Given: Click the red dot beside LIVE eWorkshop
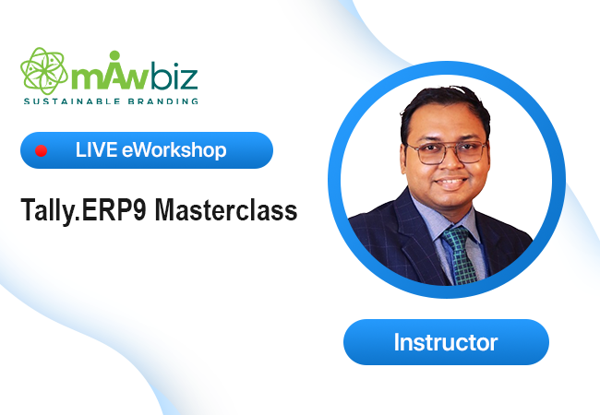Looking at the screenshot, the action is click(x=41, y=151).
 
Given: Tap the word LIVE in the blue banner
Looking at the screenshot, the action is click(x=96, y=149).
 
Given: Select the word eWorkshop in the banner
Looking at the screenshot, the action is click(x=174, y=149).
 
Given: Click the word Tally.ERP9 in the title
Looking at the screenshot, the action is click(x=83, y=209).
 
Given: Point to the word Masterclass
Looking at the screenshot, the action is click(x=226, y=209).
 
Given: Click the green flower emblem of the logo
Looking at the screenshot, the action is click(x=44, y=71).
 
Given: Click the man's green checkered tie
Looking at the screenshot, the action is click(x=460, y=255).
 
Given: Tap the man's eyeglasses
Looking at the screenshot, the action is click(x=447, y=152).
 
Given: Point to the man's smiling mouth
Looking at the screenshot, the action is click(x=452, y=183).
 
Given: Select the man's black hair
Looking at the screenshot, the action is click(x=444, y=109).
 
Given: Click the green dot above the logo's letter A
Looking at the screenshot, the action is click(x=114, y=55).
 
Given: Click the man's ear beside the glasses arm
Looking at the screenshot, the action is click(x=403, y=157).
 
